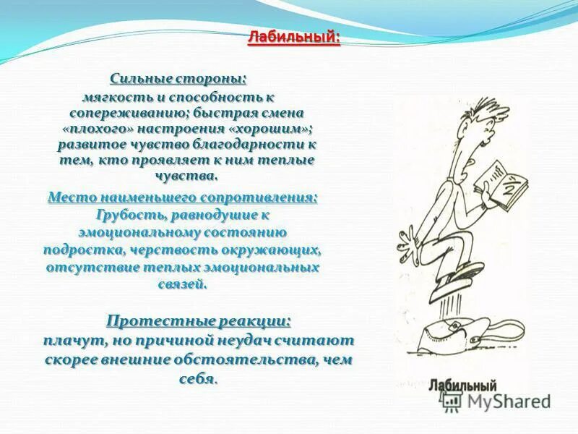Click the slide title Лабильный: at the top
[x=293, y=37]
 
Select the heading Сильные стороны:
[x=178, y=78]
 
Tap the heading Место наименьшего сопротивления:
[x=182, y=197]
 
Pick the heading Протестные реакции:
[x=199, y=320]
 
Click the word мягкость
[x=116, y=96]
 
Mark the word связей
[x=182, y=284]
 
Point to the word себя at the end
[x=198, y=378]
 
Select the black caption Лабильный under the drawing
[x=462, y=385]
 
